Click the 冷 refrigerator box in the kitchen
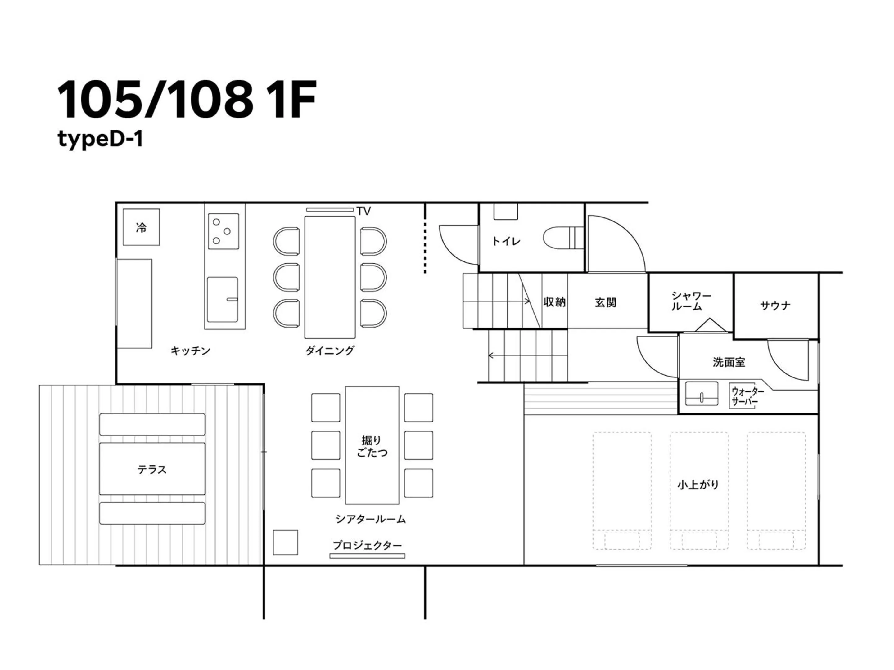[x=141, y=227]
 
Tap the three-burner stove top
[x=223, y=231]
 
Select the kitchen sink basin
[x=222, y=299]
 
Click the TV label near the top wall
[x=363, y=211]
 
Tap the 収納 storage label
[x=554, y=302]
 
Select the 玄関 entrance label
[x=605, y=302]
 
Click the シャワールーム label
[x=691, y=301]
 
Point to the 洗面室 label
[x=729, y=362]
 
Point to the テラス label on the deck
[x=152, y=469]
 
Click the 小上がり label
[x=698, y=484]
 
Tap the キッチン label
[x=190, y=351]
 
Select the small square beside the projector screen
[x=285, y=543]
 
